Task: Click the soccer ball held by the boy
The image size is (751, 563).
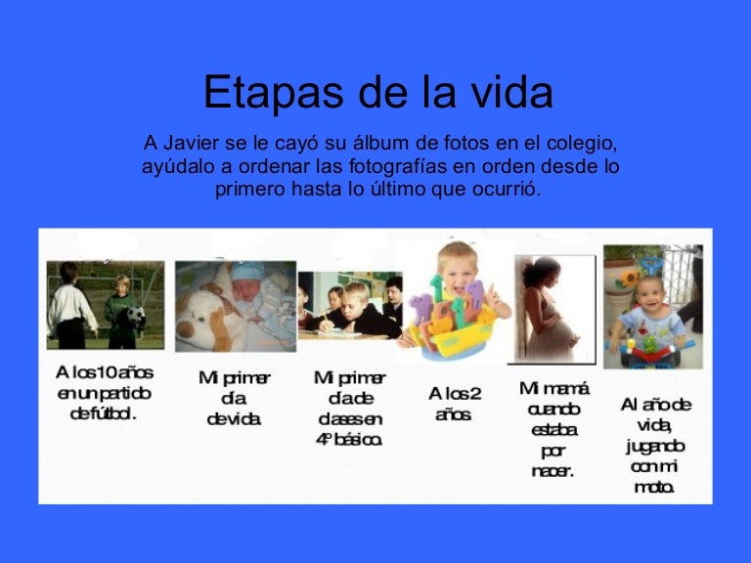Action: [134, 317]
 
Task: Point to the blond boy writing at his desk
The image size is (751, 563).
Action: [357, 308]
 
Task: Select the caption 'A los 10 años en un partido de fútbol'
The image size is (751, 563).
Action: [104, 393]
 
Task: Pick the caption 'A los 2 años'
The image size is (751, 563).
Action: [455, 404]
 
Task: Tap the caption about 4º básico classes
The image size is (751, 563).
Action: [349, 409]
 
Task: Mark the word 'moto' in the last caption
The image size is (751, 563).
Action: [653, 487]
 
